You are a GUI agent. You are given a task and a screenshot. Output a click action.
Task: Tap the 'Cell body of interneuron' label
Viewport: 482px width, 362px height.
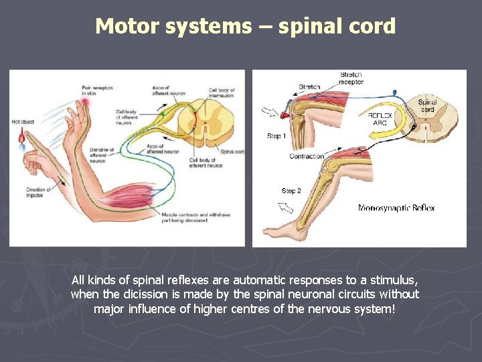pyautogui.click(x=221, y=93)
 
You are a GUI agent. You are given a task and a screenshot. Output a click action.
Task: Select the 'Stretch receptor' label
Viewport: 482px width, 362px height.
pyautogui.click(x=351, y=78)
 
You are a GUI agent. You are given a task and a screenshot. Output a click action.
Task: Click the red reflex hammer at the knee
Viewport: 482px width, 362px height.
pyautogui.click(x=285, y=115)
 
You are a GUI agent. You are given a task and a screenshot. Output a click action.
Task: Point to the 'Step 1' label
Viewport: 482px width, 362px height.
pyautogui.click(x=276, y=136)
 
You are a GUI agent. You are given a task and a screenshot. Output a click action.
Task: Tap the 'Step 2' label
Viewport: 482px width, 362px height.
pyautogui.click(x=291, y=191)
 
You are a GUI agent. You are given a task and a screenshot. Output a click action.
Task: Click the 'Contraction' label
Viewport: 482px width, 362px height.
pyautogui.click(x=307, y=156)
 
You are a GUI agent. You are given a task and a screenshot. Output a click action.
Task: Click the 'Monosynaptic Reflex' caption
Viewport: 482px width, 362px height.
pyautogui.click(x=396, y=208)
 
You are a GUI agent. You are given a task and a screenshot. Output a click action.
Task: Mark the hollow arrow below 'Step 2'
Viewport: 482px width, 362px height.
pyautogui.click(x=287, y=208)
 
